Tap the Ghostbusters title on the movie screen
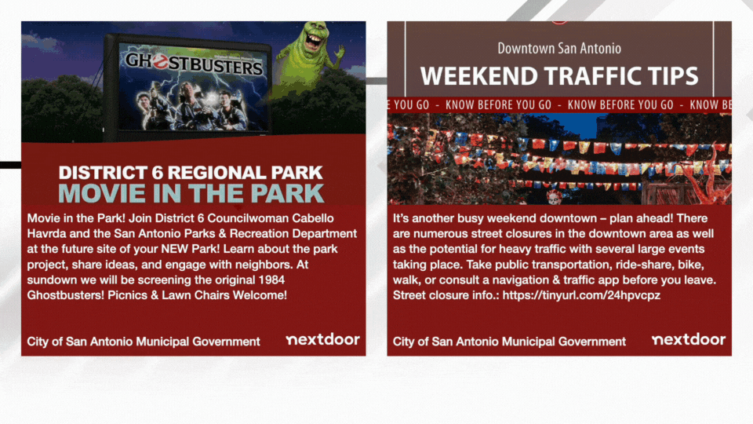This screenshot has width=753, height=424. (x=194, y=64)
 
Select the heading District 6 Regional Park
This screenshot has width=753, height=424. (x=191, y=173)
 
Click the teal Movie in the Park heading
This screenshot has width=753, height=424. (x=191, y=193)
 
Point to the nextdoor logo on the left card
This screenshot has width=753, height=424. (x=322, y=339)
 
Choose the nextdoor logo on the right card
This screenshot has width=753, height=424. (x=689, y=339)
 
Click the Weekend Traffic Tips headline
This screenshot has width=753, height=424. (x=559, y=76)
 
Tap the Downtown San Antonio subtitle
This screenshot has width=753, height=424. (x=559, y=48)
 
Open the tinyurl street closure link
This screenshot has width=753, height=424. (x=581, y=295)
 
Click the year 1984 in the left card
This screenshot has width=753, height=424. (x=272, y=280)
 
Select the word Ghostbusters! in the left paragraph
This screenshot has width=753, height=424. (x=65, y=295)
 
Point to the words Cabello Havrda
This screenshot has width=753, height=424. (x=192, y=226)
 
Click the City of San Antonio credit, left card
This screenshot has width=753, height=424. (x=144, y=342)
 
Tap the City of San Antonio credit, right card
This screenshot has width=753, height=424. (x=510, y=342)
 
